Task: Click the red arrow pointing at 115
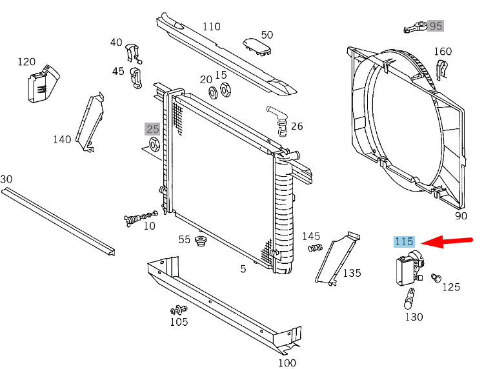pos(447,241)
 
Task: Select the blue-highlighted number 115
pos(405,241)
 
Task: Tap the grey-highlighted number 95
pos(436,26)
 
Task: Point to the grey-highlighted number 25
pos(152,129)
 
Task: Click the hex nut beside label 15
pos(225,90)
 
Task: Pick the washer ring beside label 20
pos(213,92)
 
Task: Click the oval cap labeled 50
pos(257,46)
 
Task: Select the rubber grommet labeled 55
pos(201,241)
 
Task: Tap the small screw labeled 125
pos(436,277)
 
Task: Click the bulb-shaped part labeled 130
pos(409,299)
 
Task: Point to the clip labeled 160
pos(441,70)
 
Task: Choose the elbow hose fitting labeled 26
pos(277,121)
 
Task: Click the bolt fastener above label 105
pos(179,310)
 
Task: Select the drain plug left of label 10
pos(141,218)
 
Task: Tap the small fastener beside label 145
pos(315,248)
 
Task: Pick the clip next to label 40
pos(133,53)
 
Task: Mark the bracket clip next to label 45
pos(136,78)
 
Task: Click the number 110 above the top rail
pos(212,26)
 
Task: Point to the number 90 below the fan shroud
pos(461,215)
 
